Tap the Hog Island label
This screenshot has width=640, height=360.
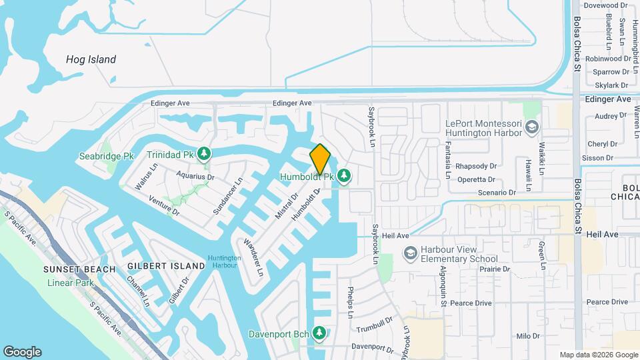pyautogui.click(x=91, y=59)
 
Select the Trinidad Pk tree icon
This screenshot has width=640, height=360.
pyautogui.click(x=204, y=154)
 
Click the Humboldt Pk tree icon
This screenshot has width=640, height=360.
pyautogui.click(x=344, y=177)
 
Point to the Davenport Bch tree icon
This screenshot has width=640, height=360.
pyautogui.click(x=320, y=332)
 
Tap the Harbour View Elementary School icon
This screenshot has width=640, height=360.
pyautogui.click(x=410, y=254)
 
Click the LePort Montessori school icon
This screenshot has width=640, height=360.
pyautogui.click(x=532, y=126)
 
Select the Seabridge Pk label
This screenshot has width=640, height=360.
pyautogui.click(x=107, y=156)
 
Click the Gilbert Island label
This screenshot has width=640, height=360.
pyautogui.click(x=166, y=266)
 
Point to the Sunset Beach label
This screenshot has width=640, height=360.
pyautogui.click(x=76, y=269)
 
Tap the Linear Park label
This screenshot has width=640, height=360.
pyautogui.click(x=71, y=283)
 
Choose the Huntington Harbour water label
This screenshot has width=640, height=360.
pyautogui.click(x=224, y=261)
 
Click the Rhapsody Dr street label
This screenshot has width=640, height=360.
pyautogui.click(x=477, y=166)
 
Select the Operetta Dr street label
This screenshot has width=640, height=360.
pyautogui.click(x=476, y=179)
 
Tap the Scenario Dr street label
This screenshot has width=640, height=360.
pyautogui.click(x=496, y=193)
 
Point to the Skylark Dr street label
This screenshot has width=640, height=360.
pyautogui.click(x=611, y=85)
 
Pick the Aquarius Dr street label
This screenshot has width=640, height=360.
pyautogui.click(x=195, y=176)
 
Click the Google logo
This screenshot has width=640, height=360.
pyautogui.click(x=22, y=352)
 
